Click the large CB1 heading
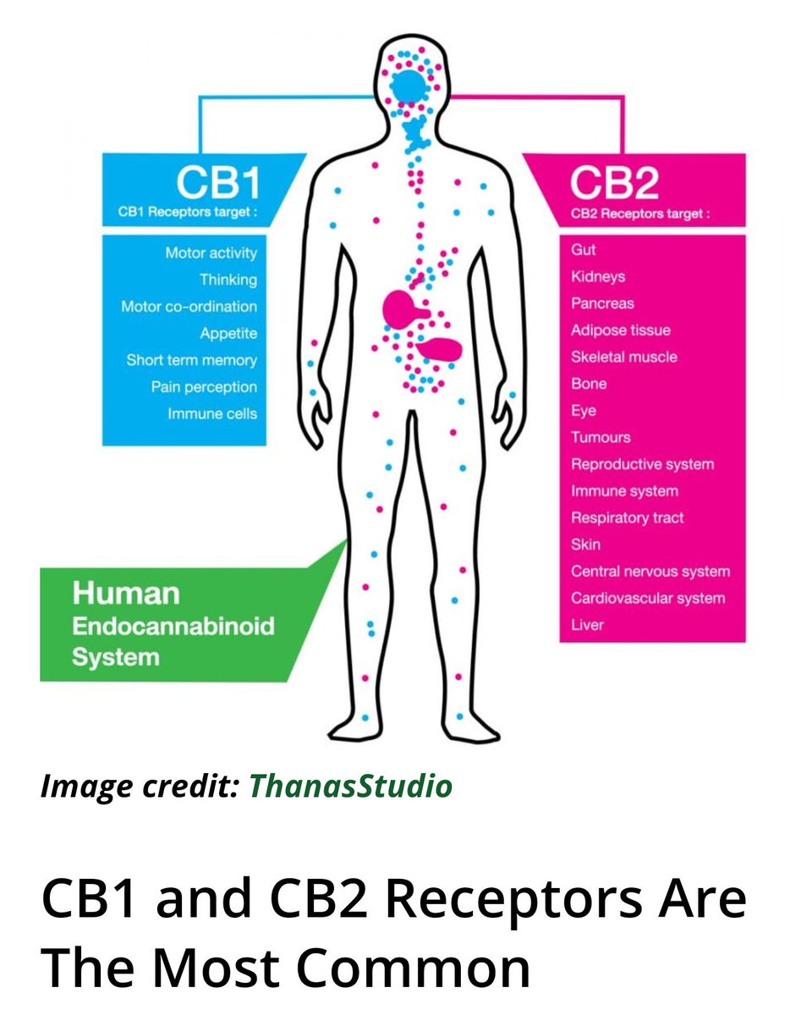tap(217, 182)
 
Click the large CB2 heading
tap(614, 183)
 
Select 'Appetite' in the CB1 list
tap(228, 333)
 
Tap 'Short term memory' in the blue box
tap(191, 360)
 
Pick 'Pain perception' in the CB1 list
tap(204, 387)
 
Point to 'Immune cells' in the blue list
tap(211, 414)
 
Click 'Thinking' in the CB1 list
tap(228, 279)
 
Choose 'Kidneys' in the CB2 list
tap(598, 277)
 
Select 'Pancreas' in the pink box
tap(602, 303)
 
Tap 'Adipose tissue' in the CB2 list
tap(620, 330)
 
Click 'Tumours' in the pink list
tap(601, 437)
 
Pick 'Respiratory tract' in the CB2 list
tap(627, 518)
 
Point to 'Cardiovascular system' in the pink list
tap(647, 598)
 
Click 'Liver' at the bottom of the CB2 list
tap(587, 625)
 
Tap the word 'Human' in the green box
tap(126, 594)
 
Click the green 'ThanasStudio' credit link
tap(350, 786)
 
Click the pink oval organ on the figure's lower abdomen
tap(440, 347)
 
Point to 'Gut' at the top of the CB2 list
tap(584, 250)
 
